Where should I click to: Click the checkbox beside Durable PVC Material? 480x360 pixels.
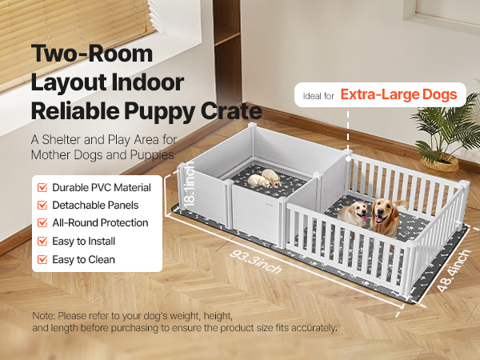(x=42, y=187)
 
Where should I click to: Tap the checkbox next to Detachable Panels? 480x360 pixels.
(x=42, y=205)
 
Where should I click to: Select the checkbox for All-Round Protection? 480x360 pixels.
(x=42, y=223)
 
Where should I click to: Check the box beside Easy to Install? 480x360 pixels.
(x=42, y=242)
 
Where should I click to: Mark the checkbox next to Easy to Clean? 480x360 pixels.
(x=42, y=259)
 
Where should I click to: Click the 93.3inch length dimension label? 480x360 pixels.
(x=256, y=262)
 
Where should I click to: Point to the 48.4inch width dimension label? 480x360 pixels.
(x=454, y=270)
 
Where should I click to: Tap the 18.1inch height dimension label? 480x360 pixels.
(x=189, y=184)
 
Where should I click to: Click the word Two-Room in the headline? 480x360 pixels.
(x=92, y=54)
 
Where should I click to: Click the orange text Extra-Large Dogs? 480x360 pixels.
(x=399, y=94)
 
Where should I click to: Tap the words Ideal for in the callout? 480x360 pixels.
(x=318, y=96)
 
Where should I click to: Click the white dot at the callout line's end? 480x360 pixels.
(x=348, y=159)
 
